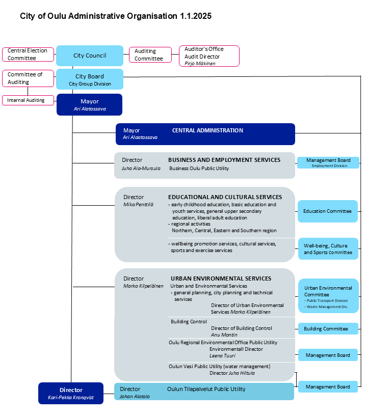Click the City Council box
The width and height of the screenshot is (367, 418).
90,55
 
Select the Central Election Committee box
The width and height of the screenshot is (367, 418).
28,54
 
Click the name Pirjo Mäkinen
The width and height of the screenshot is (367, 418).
200,63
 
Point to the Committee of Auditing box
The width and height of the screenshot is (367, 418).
28,78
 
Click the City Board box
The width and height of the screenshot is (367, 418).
90,79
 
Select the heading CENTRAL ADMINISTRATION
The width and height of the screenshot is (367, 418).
207,130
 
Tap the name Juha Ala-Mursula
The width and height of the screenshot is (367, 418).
141,169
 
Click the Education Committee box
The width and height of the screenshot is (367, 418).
328,211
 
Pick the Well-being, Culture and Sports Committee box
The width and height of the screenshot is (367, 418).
328,248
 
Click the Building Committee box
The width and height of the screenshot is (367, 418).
328,329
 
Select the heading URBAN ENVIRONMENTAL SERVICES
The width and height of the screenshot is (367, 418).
221,278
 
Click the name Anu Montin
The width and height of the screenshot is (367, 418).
224,335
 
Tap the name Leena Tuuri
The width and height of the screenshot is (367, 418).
222,356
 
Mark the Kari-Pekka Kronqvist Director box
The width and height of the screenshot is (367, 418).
71,393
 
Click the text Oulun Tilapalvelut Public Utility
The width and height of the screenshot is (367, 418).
206,389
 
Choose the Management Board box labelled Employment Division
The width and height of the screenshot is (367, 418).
328,162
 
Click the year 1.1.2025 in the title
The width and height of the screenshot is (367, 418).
195,16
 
